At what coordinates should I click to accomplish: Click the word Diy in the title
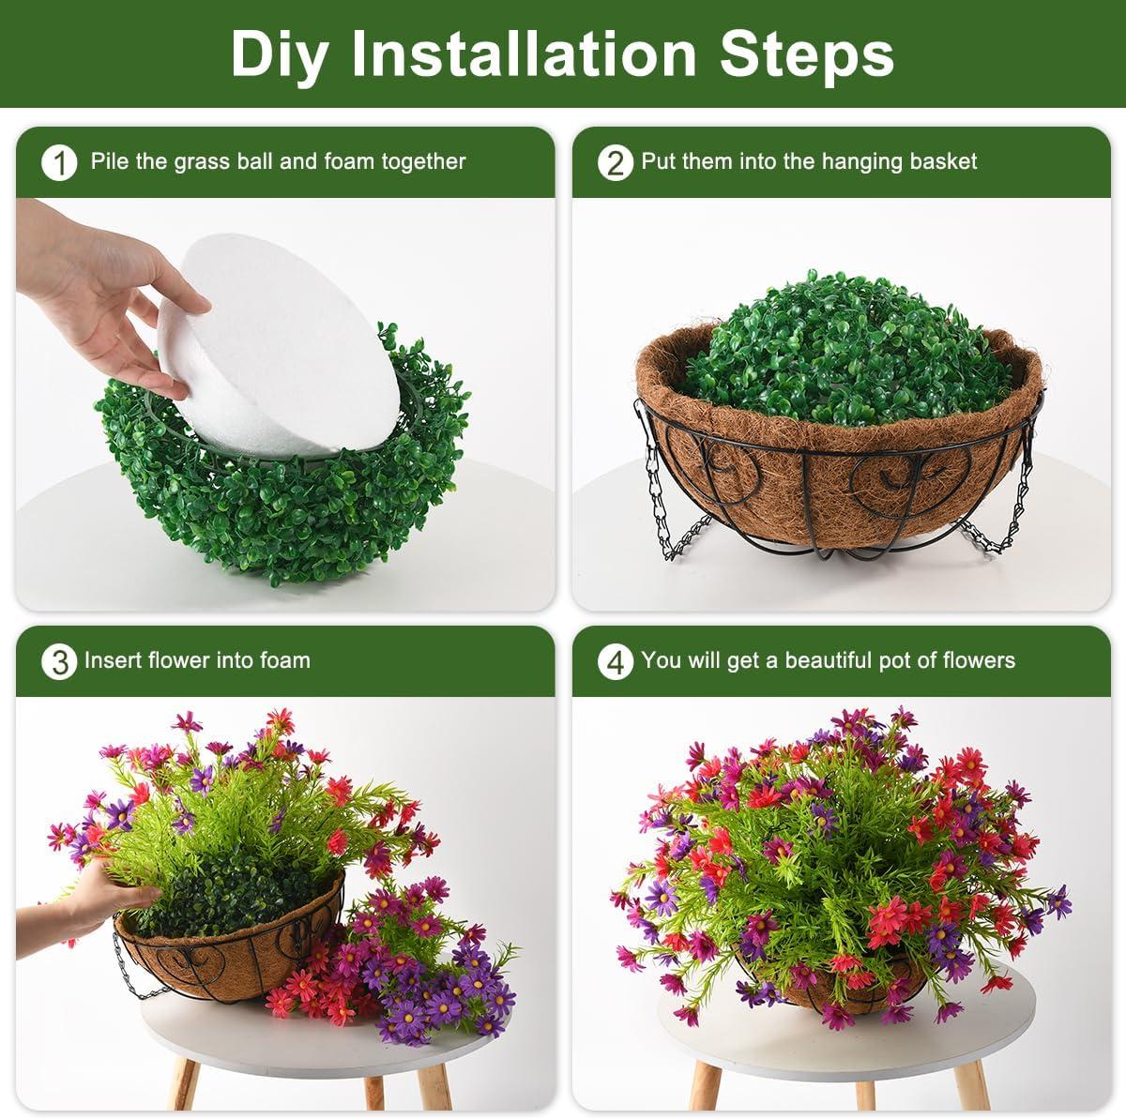[279, 53]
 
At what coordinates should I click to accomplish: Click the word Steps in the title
[806, 53]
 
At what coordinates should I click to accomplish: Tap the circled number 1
[59, 163]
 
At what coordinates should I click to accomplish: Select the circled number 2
[615, 163]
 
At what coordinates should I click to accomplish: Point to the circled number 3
[59, 662]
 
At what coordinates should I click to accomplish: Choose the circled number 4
[615, 662]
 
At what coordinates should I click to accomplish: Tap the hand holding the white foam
[103, 300]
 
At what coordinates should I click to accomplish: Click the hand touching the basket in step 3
[99, 896]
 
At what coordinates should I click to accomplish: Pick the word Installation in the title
[525, 53]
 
